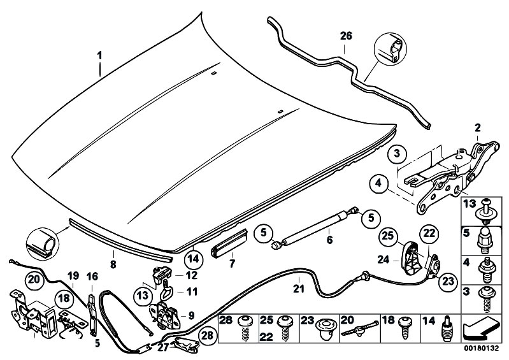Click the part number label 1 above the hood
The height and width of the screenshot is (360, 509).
[x=100, y=55]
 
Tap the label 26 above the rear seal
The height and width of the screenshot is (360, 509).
[x=346, y=36]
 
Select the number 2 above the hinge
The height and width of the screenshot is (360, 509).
[x=478, y=127]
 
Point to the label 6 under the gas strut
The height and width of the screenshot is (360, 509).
[x=330, y=240]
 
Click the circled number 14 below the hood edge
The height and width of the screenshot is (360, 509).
[x=193, y=259]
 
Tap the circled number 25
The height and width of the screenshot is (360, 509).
[x=388, y=236]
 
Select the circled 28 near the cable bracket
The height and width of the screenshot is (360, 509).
[x=208, y=335]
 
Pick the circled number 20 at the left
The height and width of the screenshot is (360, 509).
[x=34, y=279]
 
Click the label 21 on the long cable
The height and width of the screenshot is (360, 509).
[x=299, y=289]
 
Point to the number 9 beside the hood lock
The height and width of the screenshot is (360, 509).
[x=191, y=315]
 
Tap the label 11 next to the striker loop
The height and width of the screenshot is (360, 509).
[x=192, y=292]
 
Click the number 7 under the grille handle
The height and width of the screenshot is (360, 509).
[x=232, y=264]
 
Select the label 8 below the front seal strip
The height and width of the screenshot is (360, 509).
[x=113, y=264]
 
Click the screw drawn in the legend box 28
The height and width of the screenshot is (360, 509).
[x=244, y=329]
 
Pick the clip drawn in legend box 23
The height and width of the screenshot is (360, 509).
[x=324, y=329]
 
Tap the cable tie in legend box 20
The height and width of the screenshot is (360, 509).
[x=359, y=329]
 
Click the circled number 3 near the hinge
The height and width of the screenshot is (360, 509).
[x=397, y=154]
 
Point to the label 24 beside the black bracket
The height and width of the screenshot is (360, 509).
[x=384, y=260]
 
